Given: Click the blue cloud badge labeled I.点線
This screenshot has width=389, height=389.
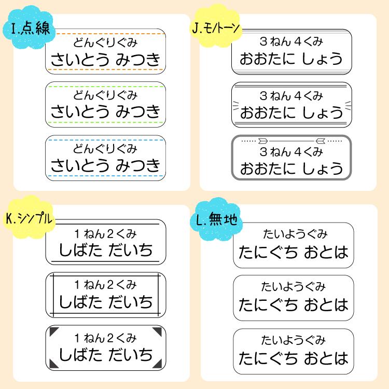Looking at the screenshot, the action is (29, 27).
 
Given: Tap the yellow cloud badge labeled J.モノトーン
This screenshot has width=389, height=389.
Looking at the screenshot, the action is (216, 26).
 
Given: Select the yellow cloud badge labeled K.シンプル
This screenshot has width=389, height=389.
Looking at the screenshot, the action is (29, 217).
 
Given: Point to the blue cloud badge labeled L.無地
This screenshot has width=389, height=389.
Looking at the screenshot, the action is (216, 219).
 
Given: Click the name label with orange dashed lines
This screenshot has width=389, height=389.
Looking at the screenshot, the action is (105, 51).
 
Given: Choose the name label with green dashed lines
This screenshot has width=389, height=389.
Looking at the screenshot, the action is (105, 104).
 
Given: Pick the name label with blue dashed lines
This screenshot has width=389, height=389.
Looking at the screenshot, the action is (105, 158).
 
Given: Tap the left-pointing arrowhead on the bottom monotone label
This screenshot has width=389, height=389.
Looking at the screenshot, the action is (321, 141).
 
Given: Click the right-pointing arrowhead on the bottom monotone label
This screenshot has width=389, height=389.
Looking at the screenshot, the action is (263, 141).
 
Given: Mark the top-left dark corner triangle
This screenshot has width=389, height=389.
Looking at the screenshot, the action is (54, 332).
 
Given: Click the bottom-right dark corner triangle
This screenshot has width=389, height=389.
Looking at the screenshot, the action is (157, 364).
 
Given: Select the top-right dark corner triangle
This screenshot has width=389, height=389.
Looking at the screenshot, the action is (157, 332).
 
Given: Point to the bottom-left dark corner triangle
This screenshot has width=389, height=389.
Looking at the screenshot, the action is (54, 364).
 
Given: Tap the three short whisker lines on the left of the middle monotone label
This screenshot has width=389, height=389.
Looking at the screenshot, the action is (236, 105).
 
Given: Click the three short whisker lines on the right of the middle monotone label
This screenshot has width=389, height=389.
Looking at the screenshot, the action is (348, 105).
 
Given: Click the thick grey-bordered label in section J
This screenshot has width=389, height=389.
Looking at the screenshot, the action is (291, 158).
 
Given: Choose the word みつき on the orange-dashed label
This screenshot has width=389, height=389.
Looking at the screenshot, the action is (138, 60).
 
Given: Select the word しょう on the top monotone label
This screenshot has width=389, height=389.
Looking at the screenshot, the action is (322, 59).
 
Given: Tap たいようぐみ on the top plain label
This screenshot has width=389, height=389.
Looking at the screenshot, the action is (295, 234).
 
